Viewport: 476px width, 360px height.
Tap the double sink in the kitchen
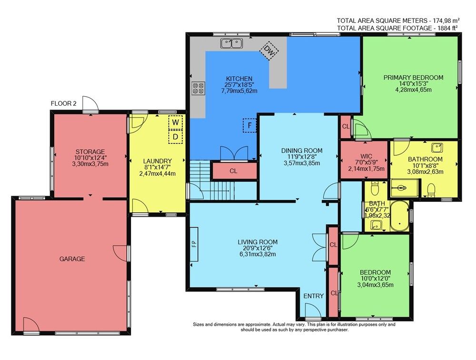coord(232,43)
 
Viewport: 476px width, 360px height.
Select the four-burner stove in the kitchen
coord(198,88)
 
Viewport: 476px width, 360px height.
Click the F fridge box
coord(250,125)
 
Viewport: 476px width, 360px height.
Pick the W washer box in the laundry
coord(176,122)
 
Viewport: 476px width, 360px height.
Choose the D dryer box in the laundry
coord(176,136)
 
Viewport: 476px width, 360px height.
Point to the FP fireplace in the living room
coord(194,244)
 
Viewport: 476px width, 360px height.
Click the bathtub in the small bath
coord(399,216)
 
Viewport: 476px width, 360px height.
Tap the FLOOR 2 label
coord(63,104)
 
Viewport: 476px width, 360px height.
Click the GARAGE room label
coord(72,259)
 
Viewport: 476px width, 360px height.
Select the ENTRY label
coord(314,296)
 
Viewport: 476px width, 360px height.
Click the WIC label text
coord(367,157)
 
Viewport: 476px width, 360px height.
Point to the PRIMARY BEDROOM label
coord(413,78)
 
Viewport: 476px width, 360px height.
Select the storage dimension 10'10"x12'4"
coord(90,158)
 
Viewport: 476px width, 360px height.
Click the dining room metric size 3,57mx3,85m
coord(302,163)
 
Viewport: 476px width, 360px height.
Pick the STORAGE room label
coord(90,151)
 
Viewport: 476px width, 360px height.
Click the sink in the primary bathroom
coord(437,148)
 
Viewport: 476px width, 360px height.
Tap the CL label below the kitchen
coord(233,171)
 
